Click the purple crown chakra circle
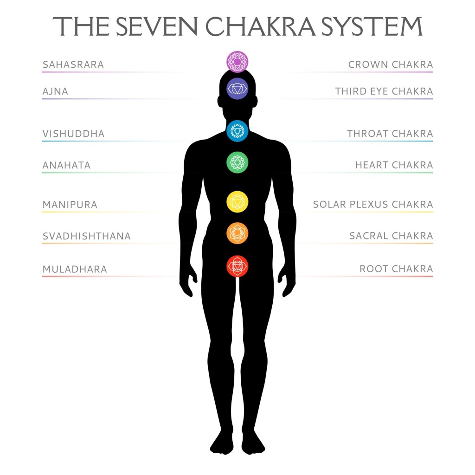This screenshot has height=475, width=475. point(237,62)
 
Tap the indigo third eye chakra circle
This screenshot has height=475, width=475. point(237,88)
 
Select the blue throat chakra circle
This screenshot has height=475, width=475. point(237,131)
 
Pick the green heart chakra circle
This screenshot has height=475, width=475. point(237,162)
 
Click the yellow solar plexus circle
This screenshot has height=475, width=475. point(237,201)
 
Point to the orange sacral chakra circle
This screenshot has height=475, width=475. point(237,232)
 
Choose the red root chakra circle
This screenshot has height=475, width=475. point(237,266)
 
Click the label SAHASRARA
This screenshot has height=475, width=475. point(73,64)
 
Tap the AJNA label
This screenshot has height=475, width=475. point(55,91)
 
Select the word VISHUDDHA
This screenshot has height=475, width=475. point(73,134)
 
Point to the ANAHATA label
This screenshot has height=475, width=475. point(66,165)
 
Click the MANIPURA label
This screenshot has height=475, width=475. point(70,205)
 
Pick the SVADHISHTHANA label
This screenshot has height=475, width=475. point(87,236)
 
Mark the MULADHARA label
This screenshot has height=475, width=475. point(75,269)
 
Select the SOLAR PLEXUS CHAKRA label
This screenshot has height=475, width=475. point(373,205)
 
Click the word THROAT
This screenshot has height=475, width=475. point(367,134)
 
